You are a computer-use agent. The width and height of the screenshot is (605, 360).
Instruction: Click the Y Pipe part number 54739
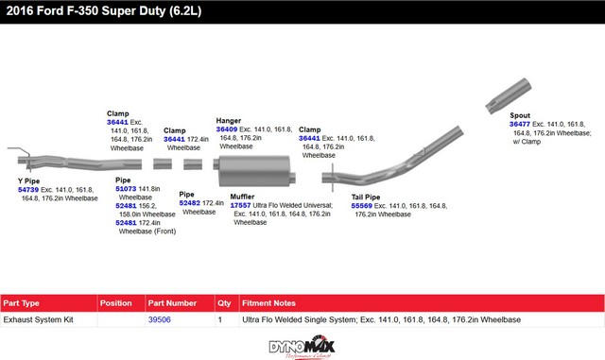coord(28,190)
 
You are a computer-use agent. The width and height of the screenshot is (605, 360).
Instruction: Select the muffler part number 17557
coord(240,206)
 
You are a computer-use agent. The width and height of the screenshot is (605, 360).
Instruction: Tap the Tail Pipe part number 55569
coord(361,206)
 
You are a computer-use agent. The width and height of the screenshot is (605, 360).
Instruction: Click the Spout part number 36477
coord(520,124)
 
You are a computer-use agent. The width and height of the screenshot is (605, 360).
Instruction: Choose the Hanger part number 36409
coord(227,129)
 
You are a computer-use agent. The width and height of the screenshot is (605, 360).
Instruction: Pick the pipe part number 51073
coord(126,189)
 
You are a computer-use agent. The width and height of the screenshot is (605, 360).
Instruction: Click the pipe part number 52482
coord(189,203)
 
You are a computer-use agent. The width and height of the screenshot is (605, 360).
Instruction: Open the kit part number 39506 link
coord(160,319)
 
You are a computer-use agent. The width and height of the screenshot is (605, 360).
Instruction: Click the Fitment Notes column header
coord(268,303)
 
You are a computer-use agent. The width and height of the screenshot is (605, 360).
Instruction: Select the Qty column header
coord(224,303)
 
